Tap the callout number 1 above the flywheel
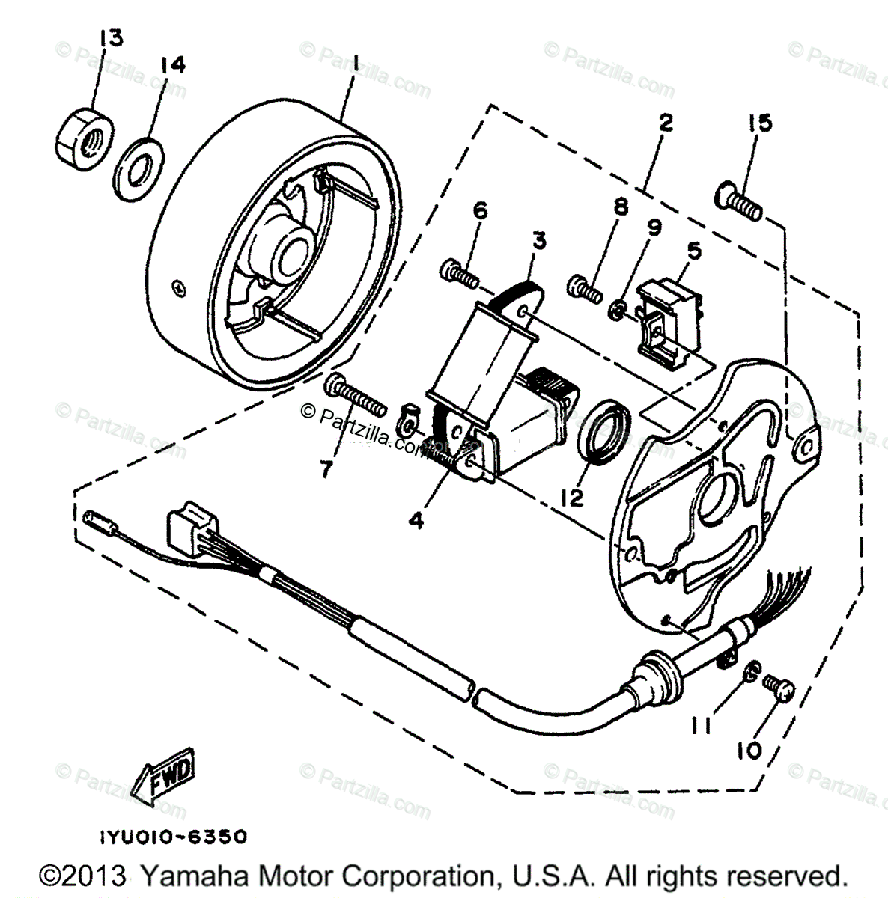356,65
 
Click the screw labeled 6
458,274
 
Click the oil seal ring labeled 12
605,433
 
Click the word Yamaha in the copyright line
183,876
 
